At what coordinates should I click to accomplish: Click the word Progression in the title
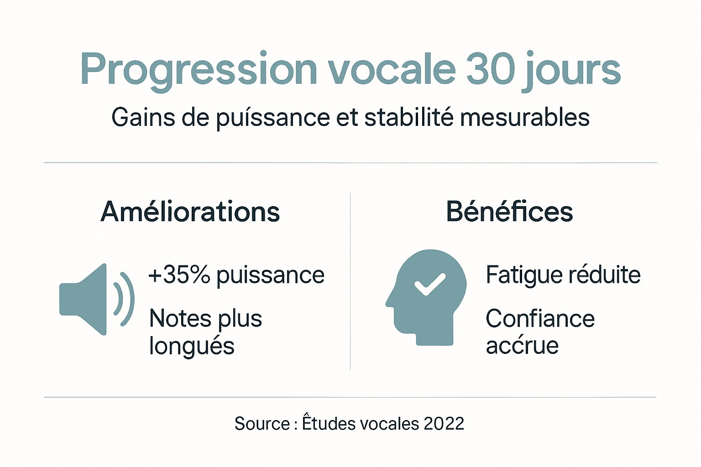(x=199, y=70)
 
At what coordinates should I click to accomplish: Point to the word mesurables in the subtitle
(x=525, y=117)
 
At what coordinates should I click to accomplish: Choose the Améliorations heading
(x=190, y=212)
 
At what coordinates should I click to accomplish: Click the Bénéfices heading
(x=509, y=212)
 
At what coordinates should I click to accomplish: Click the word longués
(x=192, y=346)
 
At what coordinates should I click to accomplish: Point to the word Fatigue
(x=517, y=275)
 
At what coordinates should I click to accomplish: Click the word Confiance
(x=540, y=318)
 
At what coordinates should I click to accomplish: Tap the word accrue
(x=522, y=345)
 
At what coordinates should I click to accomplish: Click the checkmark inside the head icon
(x=429, y=284)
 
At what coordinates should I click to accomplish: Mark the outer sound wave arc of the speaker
(x=129, y=299)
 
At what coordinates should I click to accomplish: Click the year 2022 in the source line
(x=444, y=424)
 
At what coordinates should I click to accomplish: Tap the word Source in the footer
(x=262, y=424)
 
